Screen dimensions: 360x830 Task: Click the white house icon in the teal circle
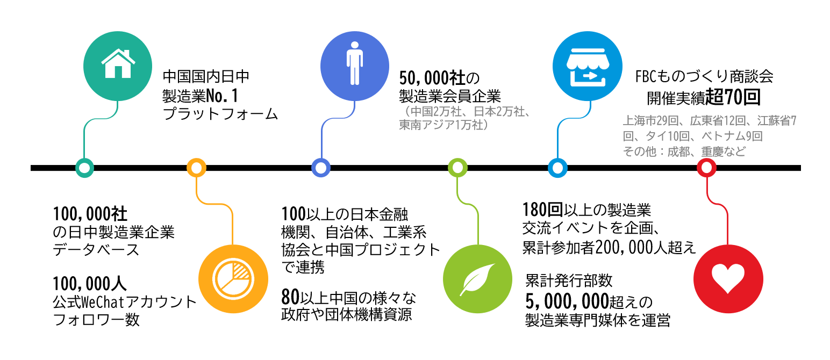(118, 64)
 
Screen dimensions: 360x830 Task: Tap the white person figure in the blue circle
(355, 63)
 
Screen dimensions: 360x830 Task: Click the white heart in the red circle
(728, 276)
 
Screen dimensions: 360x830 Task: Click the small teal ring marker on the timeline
(84, 168)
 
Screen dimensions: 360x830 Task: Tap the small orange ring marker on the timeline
(196, 168)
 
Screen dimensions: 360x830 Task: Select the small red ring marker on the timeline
(706, 168)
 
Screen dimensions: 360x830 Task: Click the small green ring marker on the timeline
(457, 168)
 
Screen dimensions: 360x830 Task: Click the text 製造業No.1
(200, 96)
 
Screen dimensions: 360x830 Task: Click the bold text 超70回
(740, 98)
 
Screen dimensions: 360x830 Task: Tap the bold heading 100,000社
(90, 214)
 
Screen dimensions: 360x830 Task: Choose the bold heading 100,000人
(90, 283)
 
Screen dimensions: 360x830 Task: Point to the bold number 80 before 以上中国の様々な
(290, 297)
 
